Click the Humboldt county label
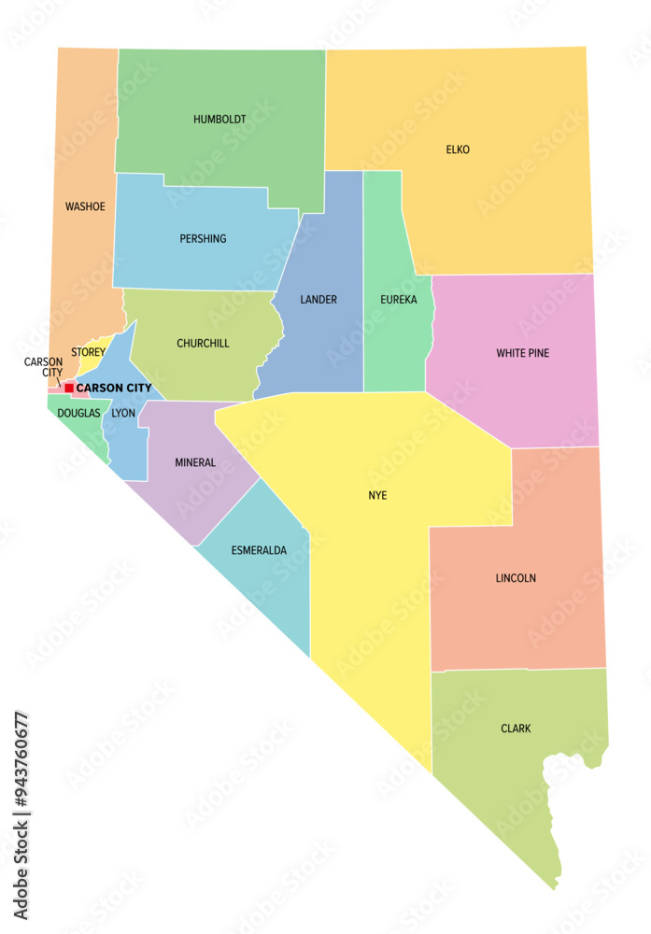[219, 120]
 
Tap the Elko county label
[458, 149]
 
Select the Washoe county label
[85, 206]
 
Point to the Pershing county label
[203, 239]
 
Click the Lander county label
[318, 300]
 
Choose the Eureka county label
[398, 300]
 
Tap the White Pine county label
[522, 353]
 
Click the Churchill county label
[203, 344]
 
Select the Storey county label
[88, 352]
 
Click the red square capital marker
[69, 388]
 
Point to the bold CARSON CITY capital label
[114, 388]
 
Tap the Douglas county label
[78, 413]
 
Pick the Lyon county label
[123, 413]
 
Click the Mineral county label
[195, 462]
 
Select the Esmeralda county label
[259, 550]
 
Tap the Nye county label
[377, 495]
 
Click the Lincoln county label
[516, 578]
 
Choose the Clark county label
[516, 729]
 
